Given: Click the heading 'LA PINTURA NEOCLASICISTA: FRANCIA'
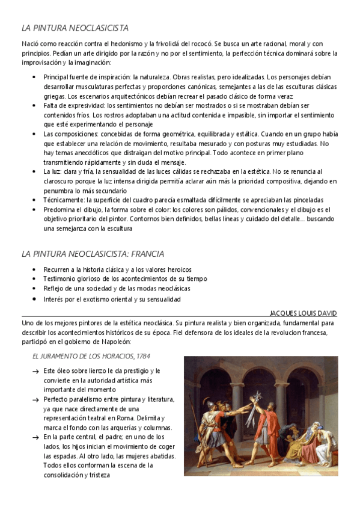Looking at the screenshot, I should pyautogui.click(x=93, y=254).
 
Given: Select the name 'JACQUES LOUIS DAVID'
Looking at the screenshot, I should pyautogui.click(x=304, y=313).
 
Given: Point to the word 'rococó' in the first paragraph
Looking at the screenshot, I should pyautogui.click(x=198, y=43).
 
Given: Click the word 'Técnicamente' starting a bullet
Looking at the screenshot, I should pyautogui.click(x=63, y=200).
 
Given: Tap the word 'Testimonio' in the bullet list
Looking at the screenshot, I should pyautogui.click(x=61, y=279).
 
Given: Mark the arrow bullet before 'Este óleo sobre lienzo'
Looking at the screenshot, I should pyautogui.click(x=35, y=372).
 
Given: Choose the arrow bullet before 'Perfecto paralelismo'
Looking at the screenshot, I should pyautogui.click(x=35, y=400).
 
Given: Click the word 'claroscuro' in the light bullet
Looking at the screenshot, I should pyautogui.click(x=67, y=180).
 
